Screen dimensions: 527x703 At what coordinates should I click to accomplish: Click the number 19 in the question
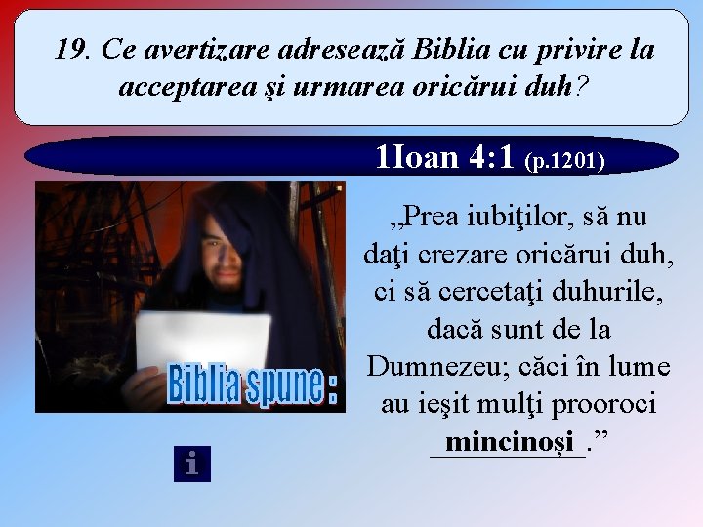click(71, 49)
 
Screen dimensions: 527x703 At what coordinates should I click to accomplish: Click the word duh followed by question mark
click(552, 88)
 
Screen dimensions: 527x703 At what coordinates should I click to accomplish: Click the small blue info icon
click(191, 463)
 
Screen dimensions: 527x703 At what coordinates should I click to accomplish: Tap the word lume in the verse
click(638, 366)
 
